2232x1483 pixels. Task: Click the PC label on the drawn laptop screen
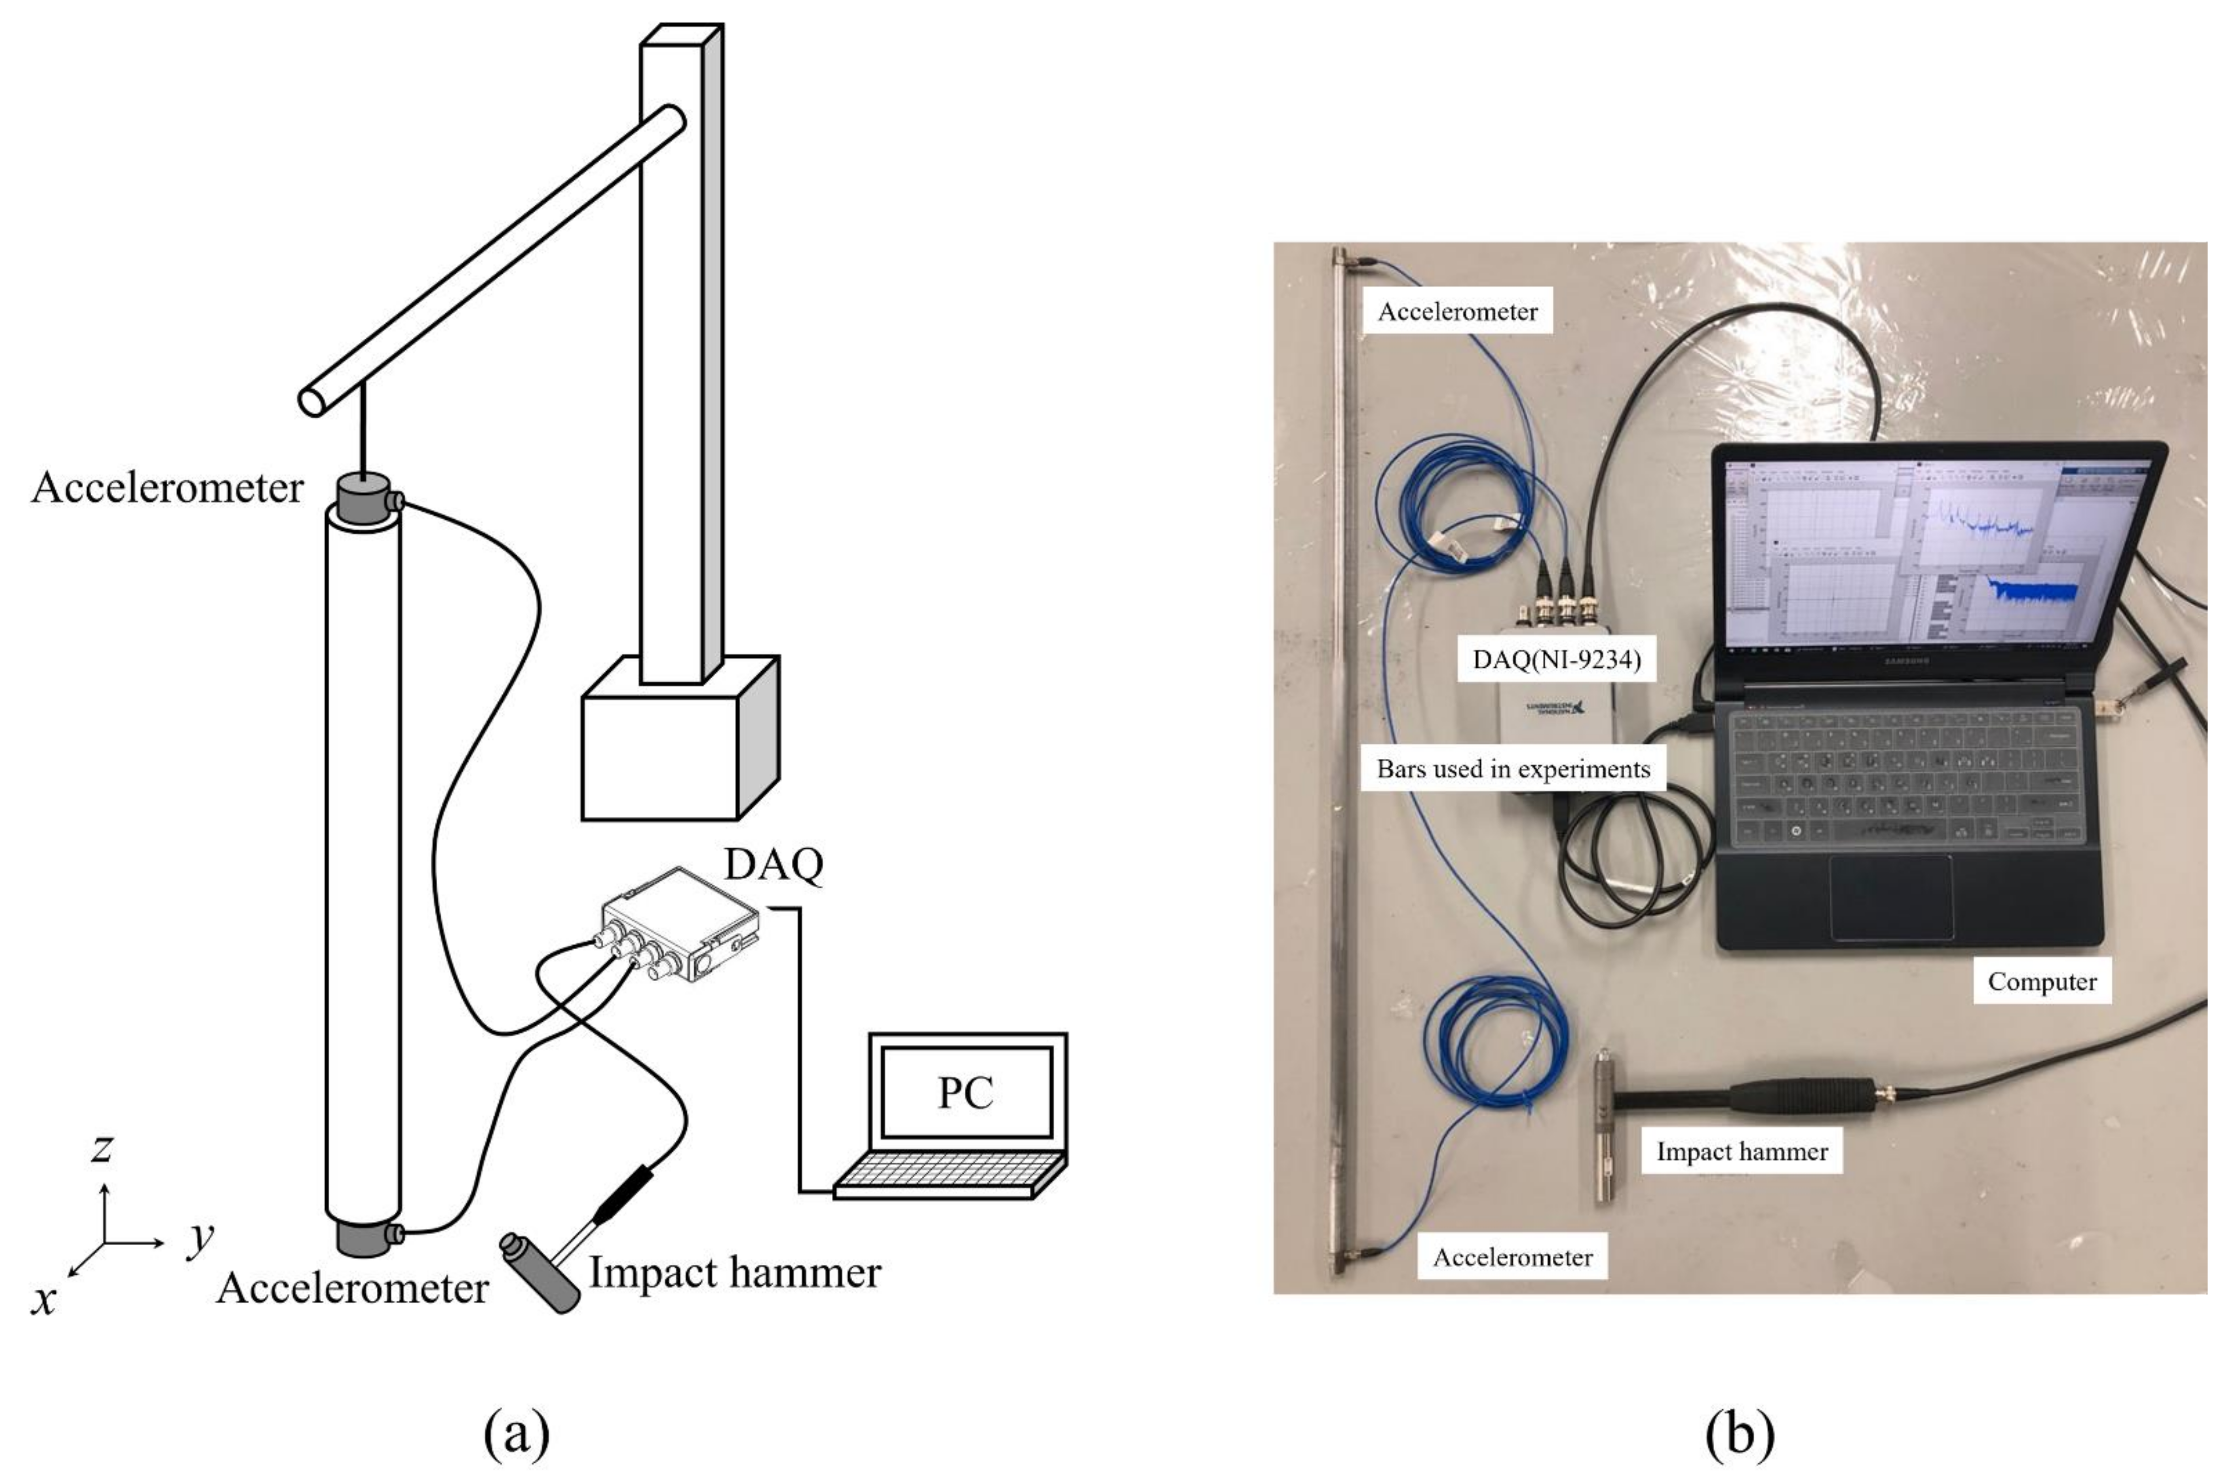[x=965, y=1093]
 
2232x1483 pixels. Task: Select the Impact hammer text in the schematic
[x=734, y=1272]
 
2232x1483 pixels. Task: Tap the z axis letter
[x=101, y=1147]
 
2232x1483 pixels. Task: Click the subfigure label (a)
[x=516, y=1433]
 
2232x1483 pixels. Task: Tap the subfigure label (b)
[x=1739, y=1433]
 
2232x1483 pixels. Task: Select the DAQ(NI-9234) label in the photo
[x=1556, y=659]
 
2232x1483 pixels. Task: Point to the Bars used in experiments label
[x=1512, y=769]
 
